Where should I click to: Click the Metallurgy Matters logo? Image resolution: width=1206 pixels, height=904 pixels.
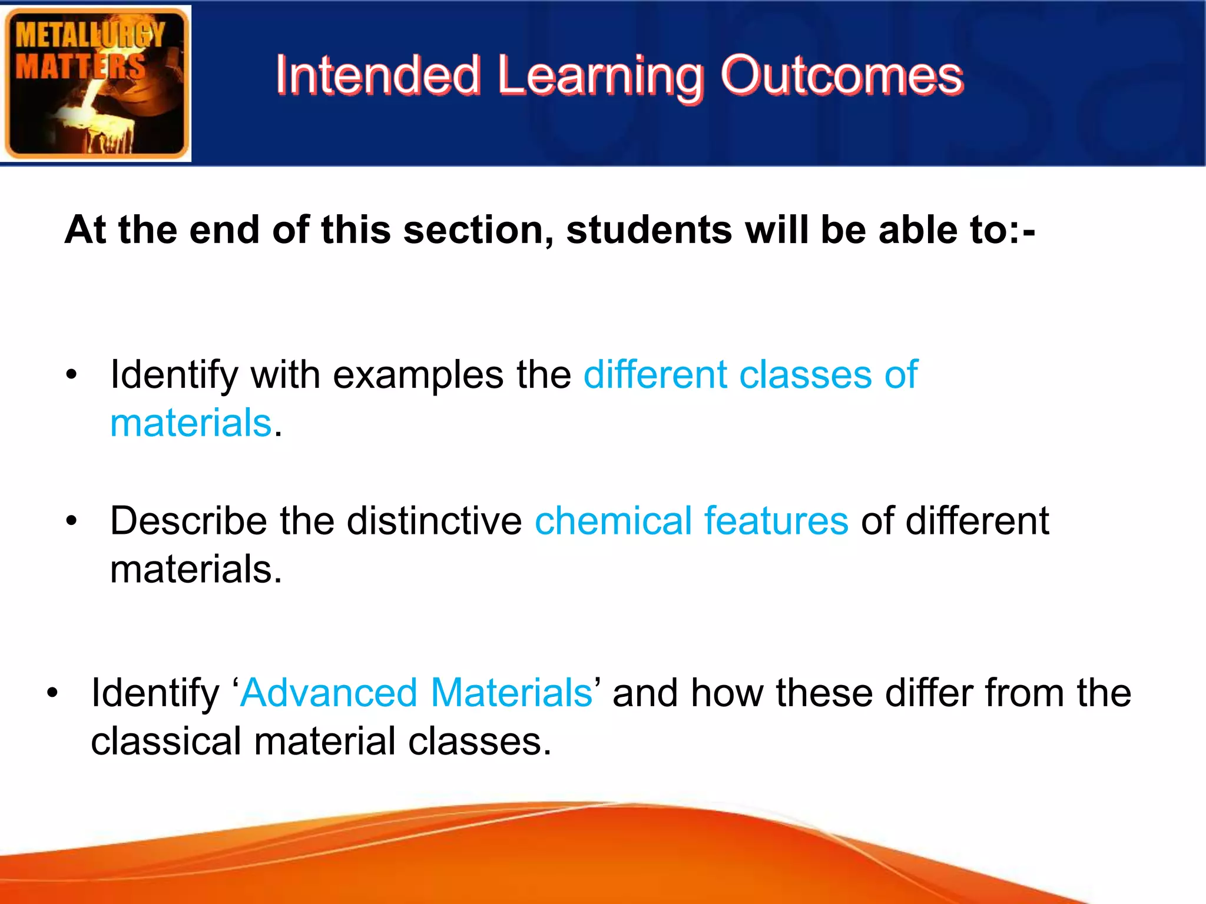[96, 83]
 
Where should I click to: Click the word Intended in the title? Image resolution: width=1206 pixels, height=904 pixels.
[377, 75]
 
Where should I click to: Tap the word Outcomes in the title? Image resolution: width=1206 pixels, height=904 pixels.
[841, 75]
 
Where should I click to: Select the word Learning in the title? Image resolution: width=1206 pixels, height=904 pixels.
[600, 77]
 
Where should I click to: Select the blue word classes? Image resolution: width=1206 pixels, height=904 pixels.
[805, 375]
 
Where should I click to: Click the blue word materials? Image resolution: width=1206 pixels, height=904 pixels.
[191, 423]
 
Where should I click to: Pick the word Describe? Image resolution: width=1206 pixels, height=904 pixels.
[188, 521]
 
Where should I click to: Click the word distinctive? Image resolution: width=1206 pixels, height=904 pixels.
[434, 521]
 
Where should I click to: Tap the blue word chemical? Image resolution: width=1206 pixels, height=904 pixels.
[612, 521]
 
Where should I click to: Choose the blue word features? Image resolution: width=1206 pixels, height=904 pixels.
[776, 521]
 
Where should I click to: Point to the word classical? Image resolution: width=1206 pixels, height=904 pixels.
[165, 742]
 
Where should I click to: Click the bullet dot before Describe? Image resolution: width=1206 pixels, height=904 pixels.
[72, 521]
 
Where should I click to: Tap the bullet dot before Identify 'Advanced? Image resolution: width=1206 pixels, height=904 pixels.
[53, 693]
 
